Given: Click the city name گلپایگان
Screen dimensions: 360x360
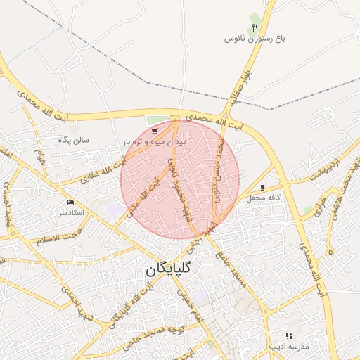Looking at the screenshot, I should [172, 269].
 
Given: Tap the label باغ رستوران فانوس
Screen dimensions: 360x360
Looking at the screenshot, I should [247, 38].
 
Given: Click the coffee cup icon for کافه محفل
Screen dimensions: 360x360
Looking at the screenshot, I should [263, 188].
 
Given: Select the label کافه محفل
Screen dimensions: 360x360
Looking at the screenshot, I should [264, 198].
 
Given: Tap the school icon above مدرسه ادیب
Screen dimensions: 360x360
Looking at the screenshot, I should [288, 335].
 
